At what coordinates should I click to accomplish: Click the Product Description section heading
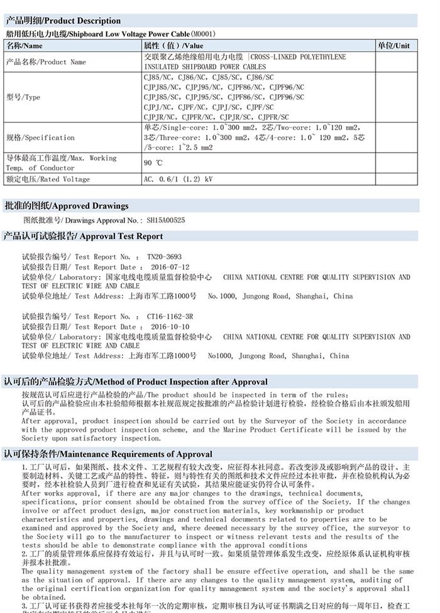pyautogui.click(x=63, y=21)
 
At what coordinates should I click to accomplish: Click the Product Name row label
pyautogui.click(x=45, y=62)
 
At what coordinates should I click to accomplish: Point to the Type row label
pyautogui.click(x=23, y=97)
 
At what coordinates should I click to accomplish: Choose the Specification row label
pyautogui.click(x=40, y=138)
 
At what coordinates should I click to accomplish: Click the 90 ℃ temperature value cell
pyautogui.click(x=153, y=163)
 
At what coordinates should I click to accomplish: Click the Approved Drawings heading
pyautogui.click(x=67, y=206)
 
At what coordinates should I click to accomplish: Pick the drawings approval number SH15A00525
pyautogui.click(x=166, y=221)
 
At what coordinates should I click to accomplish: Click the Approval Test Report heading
pyautogui.click(x=84, y=237)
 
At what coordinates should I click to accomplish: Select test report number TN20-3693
pyautogui.click(x=164, y=257)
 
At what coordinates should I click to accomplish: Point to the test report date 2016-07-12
pyautogui.click(x=170, y=267)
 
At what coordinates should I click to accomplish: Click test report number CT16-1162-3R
pyautogui.click(x=170, y=317)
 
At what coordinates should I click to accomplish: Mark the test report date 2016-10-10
pyautogui.click(x=170, y=327)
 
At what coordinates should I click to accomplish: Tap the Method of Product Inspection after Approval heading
pyautogui.click(x=136, y=381)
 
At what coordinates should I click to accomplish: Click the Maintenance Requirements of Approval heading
pyautogui.click(x=108, y=454)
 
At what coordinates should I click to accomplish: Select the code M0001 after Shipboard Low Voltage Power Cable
pyautogui.click(x=203, y=34)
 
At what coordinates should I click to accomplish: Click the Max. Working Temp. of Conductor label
pyautogui.click(x=61, y=163)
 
